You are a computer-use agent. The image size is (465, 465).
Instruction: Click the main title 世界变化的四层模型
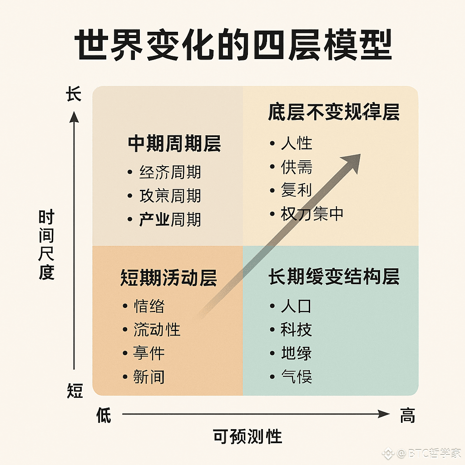tap(232, 46)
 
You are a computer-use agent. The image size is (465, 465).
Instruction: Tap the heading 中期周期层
tap(174, 143)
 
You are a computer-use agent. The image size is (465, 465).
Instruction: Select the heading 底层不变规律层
tap(333, 112)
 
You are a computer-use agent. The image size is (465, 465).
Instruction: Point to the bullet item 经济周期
tap(170, 172)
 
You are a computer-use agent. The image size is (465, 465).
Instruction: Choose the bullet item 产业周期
tap(170, 220)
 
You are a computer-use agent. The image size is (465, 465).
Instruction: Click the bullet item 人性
tap(297, 143)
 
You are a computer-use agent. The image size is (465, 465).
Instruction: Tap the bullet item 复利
tap(297, 190)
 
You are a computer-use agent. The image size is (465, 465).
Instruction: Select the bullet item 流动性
tap(157, 329)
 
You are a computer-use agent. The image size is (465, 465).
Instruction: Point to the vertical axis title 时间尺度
tap(46, 245)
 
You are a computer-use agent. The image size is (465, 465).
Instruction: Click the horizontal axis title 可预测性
tap(247, 437)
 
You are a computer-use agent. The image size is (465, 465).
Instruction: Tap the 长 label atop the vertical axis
tap(74, 95)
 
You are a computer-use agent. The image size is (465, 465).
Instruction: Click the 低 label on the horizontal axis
tap(104, 415)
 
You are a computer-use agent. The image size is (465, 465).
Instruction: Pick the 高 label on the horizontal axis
tap(407, 415)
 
